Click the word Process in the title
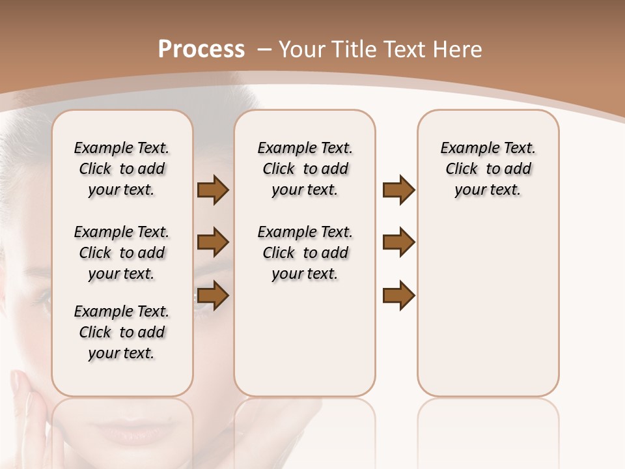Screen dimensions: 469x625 click(x=201, y=49)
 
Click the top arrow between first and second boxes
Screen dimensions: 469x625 click(x=213, y=190)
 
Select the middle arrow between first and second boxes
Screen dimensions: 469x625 click(x=213, y=242)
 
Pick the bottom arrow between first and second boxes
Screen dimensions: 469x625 click(x=213, y=296)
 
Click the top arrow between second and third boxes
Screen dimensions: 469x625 click(x=398, y=190)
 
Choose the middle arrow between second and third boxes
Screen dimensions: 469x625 click(x=398, y=242)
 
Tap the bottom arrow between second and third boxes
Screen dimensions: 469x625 click(x=398, y=296)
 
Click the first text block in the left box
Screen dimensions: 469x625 click(x=122, y=169)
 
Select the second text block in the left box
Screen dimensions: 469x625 click(x=122, y=253)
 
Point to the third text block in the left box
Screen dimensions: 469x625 click(x=122, y=332)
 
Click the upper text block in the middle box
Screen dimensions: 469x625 click(x=305, y=169)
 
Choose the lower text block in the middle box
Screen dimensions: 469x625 click(x=305, y=253)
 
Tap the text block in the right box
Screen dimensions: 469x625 click(x=488, y=169)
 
